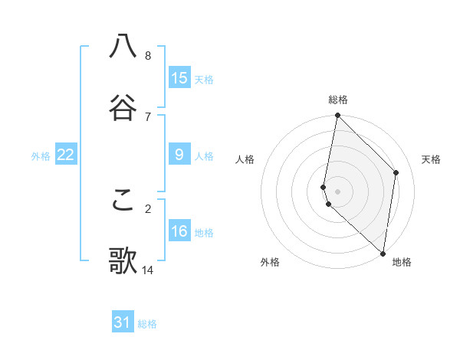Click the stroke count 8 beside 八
pos(148,55)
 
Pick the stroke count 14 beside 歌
pos(148,270)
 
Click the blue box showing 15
pos(179,77)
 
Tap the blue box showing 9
pos(179,155)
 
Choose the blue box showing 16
pos(179,231)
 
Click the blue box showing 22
pos(66,155)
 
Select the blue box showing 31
pos(123,322)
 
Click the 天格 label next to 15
pos(204,79)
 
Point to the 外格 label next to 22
pos(41,156)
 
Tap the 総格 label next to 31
pos(147,324)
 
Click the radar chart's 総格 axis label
pos(338,100)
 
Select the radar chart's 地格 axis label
pos(402,262)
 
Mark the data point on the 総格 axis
pos(337,116)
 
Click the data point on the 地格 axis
pos(383,253)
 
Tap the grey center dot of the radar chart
pos(337,191)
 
